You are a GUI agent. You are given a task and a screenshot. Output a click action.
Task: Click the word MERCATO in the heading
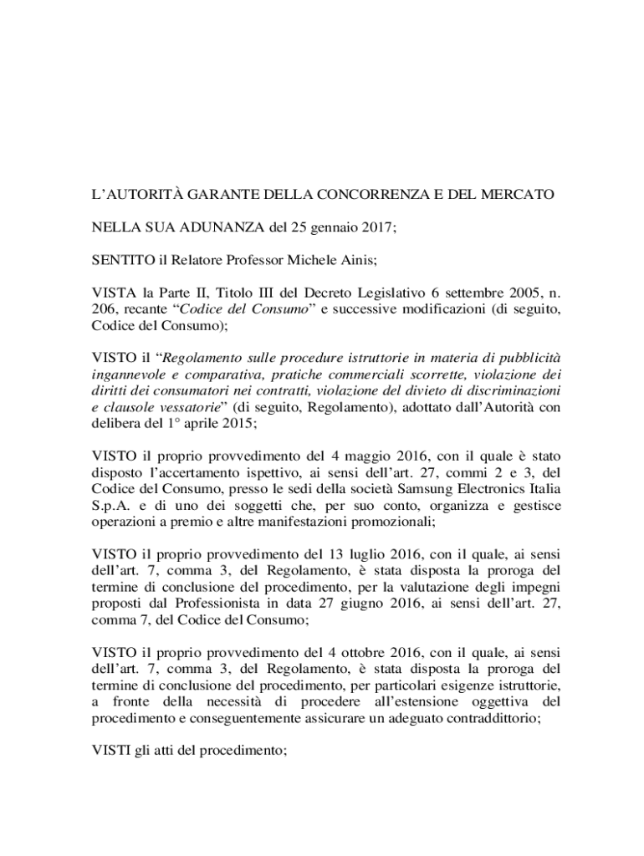519,195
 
